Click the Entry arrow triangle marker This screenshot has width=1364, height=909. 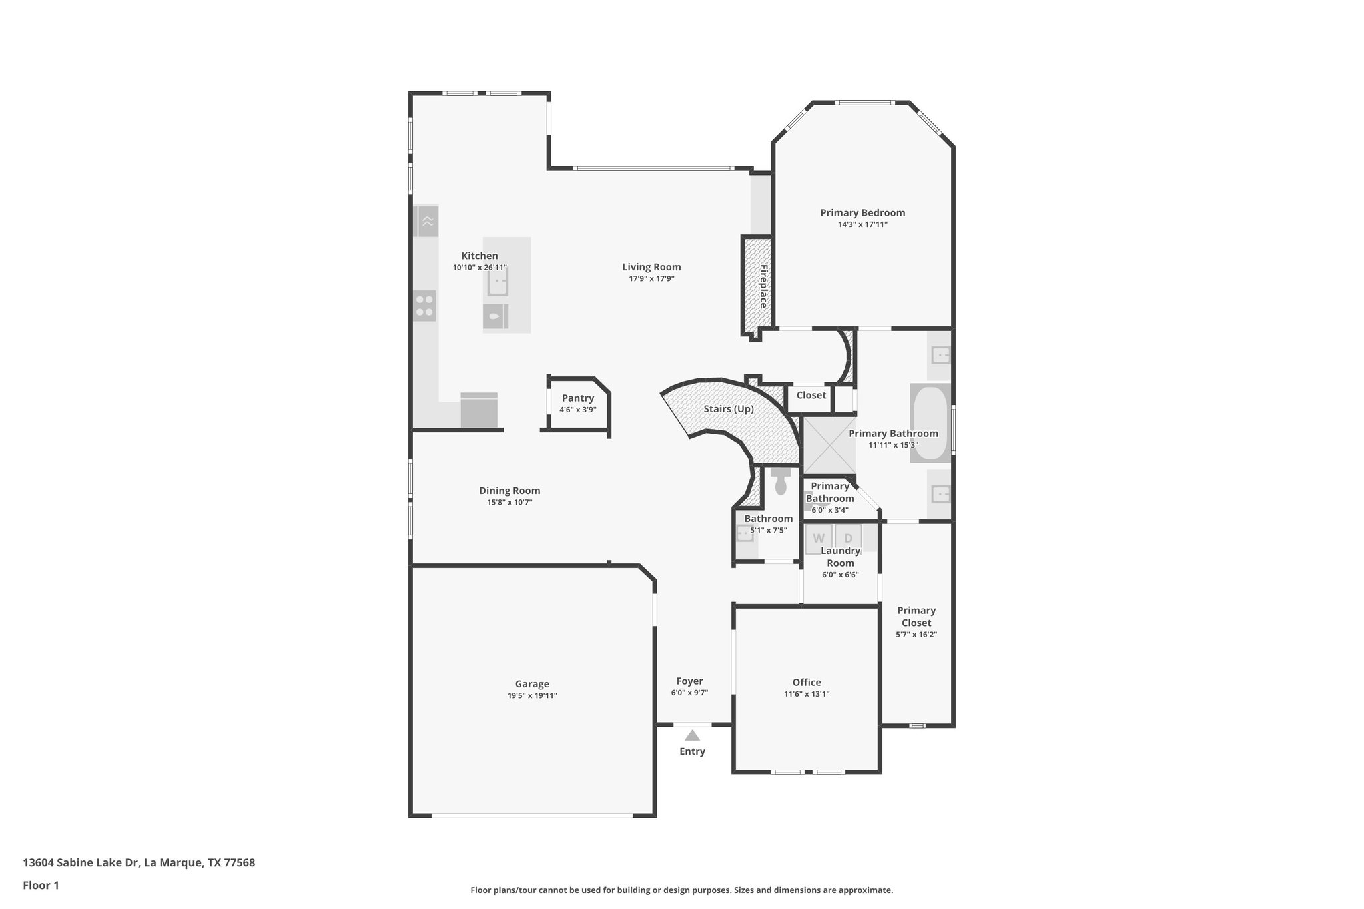tap(692, 735)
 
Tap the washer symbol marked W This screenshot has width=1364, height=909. tap(819, 538)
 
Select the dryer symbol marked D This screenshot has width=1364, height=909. tap(848, 538)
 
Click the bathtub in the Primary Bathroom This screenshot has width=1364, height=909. tap(930, 423)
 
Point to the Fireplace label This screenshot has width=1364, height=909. tap(763, 286)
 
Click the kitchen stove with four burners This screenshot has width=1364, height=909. tap(424, 306)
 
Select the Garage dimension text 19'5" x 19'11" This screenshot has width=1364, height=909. tap(532, 695)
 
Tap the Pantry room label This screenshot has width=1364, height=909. tap(577, 398)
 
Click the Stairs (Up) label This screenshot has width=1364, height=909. tap(729, 408)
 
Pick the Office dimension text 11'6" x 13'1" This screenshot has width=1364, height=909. tap(806, 694)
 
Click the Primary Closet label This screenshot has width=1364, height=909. tap(916, 617)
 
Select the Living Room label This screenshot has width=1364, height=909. tap(651, 267)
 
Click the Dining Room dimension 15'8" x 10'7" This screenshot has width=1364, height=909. tap(510, 503)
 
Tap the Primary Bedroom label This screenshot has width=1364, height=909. tap(862, 213)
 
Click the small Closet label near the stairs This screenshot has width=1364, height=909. tap(811, 395)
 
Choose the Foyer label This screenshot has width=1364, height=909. tap(689, 681)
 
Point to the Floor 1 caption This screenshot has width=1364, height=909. tap(41, 886)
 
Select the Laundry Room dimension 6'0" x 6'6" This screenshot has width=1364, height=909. tap(840, 575)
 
